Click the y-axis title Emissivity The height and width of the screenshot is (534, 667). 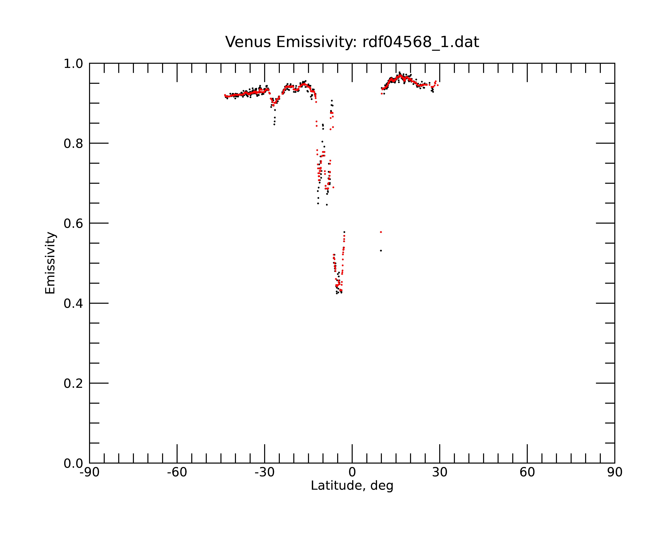click(50, 263)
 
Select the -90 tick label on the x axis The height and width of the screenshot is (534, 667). click(89, 472)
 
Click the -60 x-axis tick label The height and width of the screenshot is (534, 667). click(177, 472)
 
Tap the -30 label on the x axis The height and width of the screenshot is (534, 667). click(264, 472)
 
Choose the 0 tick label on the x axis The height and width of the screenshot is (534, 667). click(352, 472)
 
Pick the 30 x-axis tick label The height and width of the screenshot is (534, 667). click(440, 472)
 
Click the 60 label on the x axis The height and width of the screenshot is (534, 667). click(527, 472)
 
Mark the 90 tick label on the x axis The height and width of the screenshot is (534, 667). click(615, 472)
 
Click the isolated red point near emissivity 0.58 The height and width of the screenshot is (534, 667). click(381, 232)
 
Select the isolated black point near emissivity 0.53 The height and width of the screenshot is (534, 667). click(381, 250)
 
